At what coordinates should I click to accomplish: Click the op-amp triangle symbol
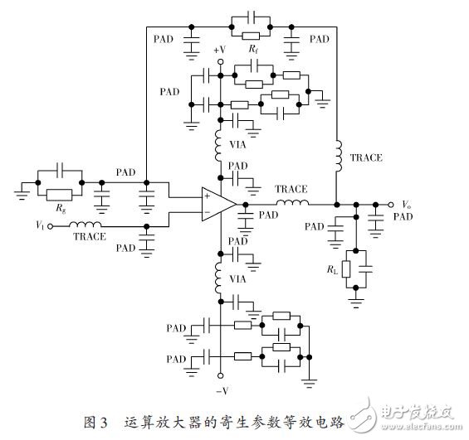[216, 204]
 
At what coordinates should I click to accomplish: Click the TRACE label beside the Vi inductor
[90, 237]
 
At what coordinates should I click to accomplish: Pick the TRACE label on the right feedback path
[366, 157]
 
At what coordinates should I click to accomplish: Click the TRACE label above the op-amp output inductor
[291, 189]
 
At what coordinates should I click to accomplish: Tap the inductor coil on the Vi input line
[84, 224]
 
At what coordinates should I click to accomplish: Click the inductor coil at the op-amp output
[291, 203]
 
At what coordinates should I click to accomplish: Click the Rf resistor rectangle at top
[251, 36]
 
